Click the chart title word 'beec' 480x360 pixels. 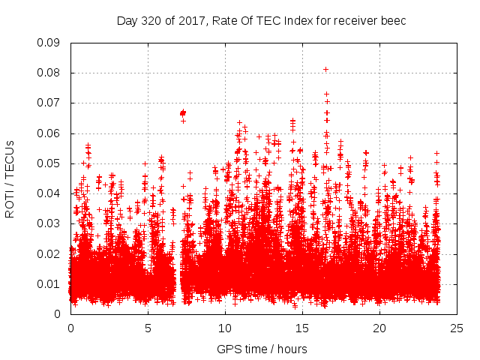393,20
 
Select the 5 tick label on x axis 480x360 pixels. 148,328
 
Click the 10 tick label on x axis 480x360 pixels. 225,328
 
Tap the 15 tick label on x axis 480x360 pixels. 302,328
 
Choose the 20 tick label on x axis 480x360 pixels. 379,328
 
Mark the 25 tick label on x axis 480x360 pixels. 457,328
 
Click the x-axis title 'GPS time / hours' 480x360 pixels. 262,349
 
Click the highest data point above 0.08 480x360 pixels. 325,69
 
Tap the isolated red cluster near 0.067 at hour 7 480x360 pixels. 182,112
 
